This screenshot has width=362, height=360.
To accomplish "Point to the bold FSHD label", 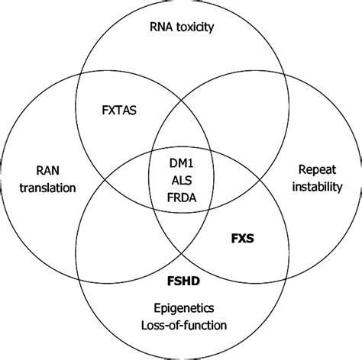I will click(183, 282).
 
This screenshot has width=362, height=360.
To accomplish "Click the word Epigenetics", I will click(183, 310).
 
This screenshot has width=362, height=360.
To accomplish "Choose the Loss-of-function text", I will click(183, 327).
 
